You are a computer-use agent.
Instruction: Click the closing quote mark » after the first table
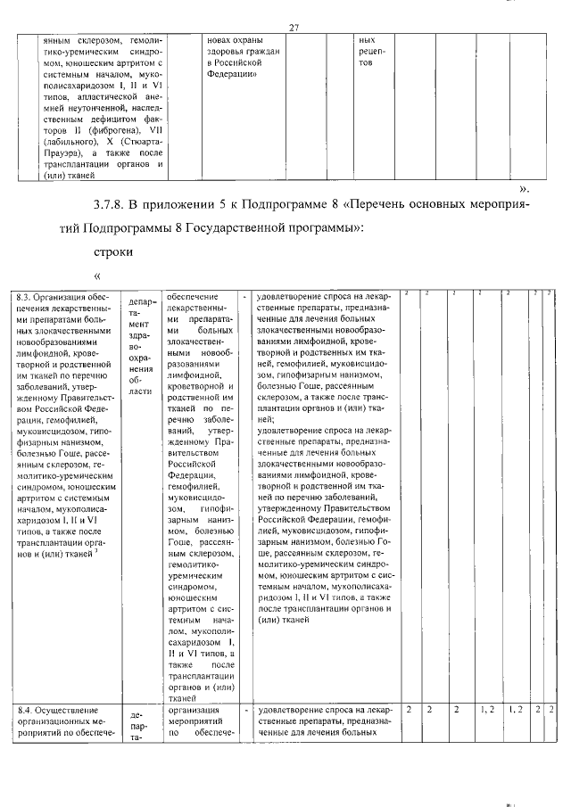[x=525, y=189]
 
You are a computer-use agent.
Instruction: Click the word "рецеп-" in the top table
[x=371, y=52]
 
